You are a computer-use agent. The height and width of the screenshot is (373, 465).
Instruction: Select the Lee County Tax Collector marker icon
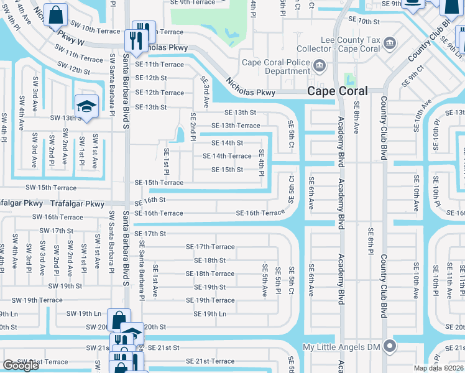pos(389,43)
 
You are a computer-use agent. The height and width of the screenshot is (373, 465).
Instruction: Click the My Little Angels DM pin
pos(390,346)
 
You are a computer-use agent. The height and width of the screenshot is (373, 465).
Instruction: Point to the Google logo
pos(21,366)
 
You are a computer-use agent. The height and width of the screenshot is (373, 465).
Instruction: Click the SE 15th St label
pos(227,170)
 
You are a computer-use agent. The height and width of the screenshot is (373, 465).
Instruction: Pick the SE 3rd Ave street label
pos(205,88)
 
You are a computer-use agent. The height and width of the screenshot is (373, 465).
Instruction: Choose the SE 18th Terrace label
pos(209,274)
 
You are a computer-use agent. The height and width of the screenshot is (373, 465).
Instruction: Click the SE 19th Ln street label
pos(209,314)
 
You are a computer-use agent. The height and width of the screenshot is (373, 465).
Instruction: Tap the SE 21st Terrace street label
pos(210,361)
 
